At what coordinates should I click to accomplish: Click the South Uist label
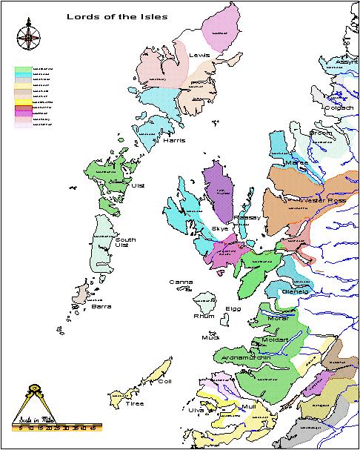tap(125, 242)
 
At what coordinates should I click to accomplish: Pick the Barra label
tap(101, 305)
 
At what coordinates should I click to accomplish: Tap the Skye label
tap(220, 229)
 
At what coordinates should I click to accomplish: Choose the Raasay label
tap(245, 218)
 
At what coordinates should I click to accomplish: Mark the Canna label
tap(181, 282)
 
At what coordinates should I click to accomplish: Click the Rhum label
tap(204, 316)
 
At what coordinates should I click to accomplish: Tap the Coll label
tap(164, 381)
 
